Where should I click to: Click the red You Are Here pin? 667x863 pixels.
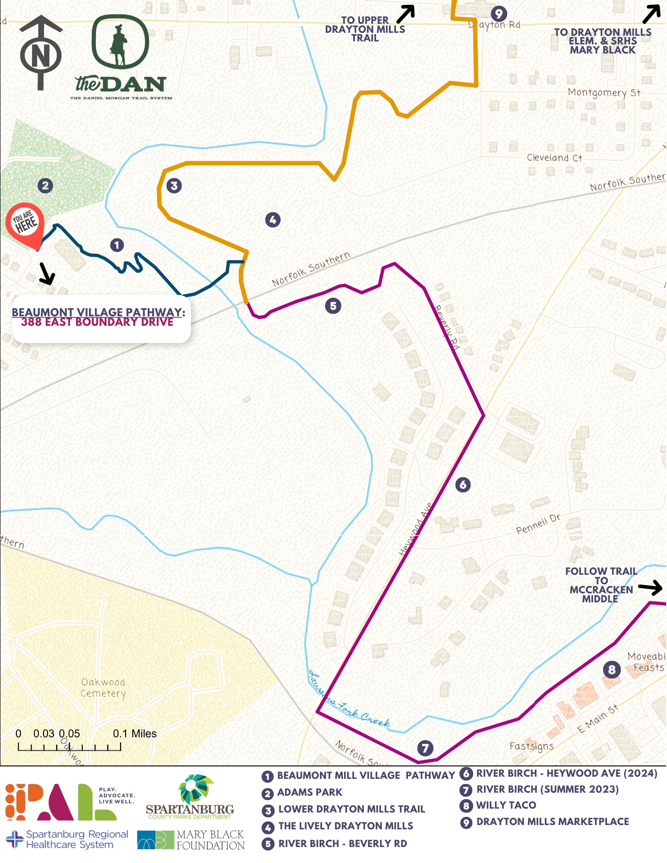tap(25, 224)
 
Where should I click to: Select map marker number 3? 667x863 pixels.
tap(174, 186)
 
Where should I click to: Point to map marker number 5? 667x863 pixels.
tap(333, 306)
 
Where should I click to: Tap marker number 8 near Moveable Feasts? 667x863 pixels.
tap(612, 670)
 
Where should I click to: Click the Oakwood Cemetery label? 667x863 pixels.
tap(103, 688)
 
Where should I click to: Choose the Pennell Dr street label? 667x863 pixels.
tap(538, 524)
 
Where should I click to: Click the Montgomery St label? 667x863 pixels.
tap(604, 93)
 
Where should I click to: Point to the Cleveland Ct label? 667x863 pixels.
tap(554, 158)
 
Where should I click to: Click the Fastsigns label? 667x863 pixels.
tap(531, 746)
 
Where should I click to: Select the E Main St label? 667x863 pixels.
tap(598, 719)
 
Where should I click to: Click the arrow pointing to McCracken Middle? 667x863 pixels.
tap(650, 587)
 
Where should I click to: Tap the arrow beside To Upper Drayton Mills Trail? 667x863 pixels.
tap(405, 14)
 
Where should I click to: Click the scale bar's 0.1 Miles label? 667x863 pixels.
tap(135, 734)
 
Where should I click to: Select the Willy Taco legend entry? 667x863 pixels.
tap(506, 806)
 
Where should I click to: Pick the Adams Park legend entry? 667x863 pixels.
tap(309, 793)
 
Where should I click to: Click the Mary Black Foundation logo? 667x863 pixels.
tap(191, 840)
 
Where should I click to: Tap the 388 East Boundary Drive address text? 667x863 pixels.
tap(97, 322)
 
